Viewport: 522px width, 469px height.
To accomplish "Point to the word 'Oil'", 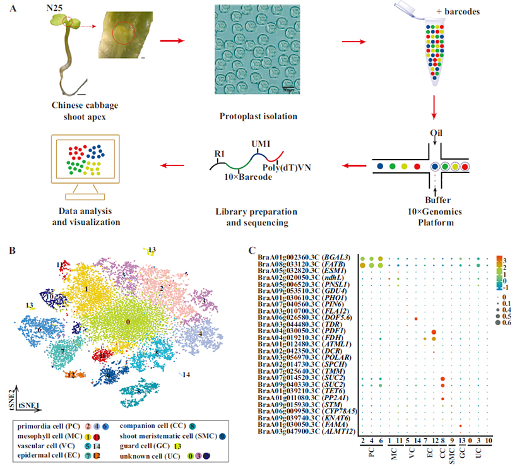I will pyautogui.click(x=435, y=132).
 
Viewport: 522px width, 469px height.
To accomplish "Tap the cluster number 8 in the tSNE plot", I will pyautogui.click(x=138, y=391).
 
